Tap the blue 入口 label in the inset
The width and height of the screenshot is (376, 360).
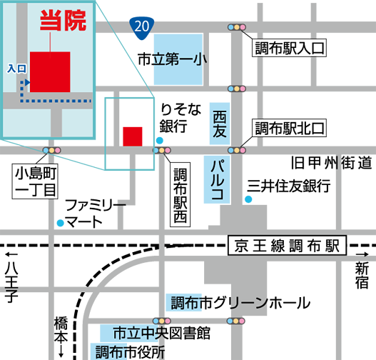[x=16, y=69]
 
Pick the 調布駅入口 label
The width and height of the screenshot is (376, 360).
[x=289, y=49]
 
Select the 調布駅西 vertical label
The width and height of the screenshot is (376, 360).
[x=180, y=194]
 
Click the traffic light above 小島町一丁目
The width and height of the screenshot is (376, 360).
[x=52, y=151]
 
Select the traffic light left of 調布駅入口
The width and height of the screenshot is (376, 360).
[x=236, y=27]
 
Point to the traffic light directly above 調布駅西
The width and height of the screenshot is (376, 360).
[x=162, y=151]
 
